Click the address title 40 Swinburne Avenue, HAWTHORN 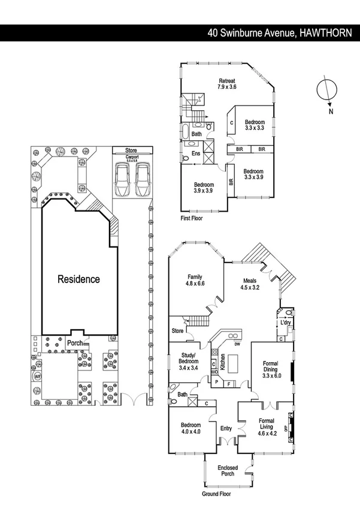280,34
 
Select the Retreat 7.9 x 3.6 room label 227,84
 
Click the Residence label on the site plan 78,279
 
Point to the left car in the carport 123,180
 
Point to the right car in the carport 142,180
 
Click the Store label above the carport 131,150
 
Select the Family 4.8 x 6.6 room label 195,281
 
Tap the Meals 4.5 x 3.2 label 250,284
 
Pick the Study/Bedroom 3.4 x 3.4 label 189,363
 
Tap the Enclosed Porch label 227,471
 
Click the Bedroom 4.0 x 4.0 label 191,429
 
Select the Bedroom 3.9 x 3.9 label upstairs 204,188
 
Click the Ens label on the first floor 195,154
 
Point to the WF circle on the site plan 37,377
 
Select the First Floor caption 191,219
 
